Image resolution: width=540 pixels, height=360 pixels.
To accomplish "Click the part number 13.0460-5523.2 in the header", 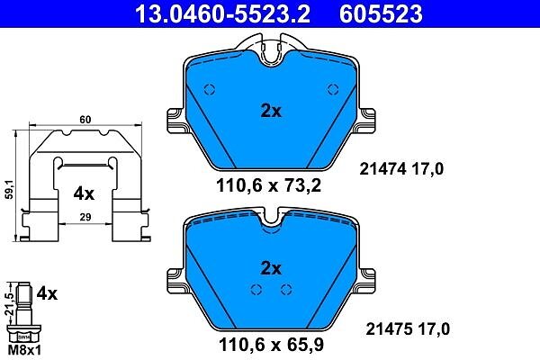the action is [223, 13].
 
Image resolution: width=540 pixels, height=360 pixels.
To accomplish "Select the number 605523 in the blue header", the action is [381, 13].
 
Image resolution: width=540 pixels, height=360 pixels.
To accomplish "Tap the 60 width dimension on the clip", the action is [85, 120].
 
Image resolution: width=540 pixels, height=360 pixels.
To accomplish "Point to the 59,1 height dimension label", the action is [9, 189].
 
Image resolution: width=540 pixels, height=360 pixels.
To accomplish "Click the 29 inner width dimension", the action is [85, 217].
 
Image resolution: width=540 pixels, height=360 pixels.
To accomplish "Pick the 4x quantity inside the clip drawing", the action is [84, 194].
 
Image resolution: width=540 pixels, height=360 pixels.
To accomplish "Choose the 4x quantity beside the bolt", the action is [47, 294].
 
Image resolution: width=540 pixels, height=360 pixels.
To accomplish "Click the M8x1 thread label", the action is [24, 351].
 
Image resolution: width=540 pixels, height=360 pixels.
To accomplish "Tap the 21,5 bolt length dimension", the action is [10, 304].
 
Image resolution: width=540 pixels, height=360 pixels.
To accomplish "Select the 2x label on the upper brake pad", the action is [271, 111].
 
